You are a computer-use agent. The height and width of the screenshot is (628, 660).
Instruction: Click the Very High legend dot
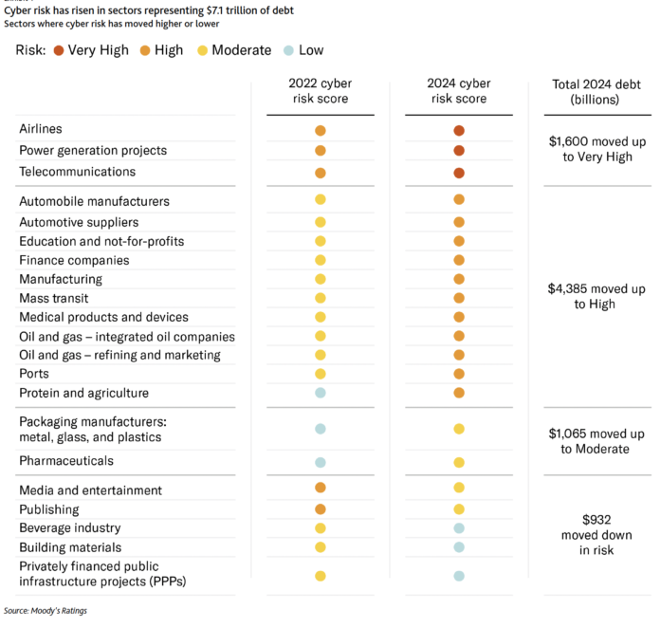[59, 49]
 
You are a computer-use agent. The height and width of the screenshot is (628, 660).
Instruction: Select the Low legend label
[312, 49]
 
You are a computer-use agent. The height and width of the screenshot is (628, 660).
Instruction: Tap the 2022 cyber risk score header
[320, 92]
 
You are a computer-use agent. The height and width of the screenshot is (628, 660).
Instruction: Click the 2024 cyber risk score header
[458, 92]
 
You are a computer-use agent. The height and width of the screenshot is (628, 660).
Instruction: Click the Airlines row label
[41, 128]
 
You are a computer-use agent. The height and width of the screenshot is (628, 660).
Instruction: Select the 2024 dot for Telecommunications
[459, 173]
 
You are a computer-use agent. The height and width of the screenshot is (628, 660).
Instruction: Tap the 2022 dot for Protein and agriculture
[321, 393]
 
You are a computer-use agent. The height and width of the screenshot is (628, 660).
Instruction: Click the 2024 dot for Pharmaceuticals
[459, 462]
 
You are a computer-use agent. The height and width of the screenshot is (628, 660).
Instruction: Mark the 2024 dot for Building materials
[459, 547]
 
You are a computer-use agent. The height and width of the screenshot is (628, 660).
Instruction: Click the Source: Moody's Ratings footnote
[46, 610]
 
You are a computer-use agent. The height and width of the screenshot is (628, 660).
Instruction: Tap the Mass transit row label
[53, 298]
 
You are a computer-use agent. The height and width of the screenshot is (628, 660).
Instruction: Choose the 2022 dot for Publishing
[321, 509]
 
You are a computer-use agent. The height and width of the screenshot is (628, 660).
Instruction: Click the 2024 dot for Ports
[459, 374]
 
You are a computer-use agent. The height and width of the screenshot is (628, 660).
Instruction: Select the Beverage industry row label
[69, 527]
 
